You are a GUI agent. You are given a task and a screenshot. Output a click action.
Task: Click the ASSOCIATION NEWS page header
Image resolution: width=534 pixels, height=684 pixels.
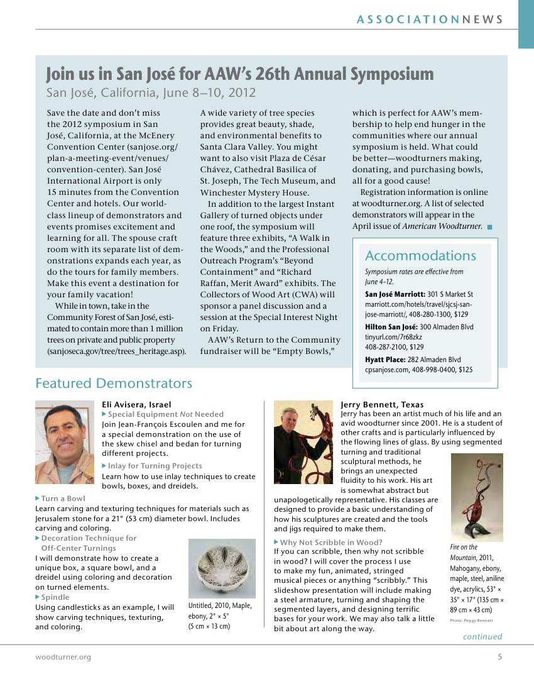pyautogui.click(x=430, y=19)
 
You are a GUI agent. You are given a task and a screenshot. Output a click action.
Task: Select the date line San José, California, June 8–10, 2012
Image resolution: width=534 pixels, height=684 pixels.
pyautogui.click(x=151, y=93)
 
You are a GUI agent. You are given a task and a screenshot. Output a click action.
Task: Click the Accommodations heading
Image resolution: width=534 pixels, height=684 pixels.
pyautogui.click(x=420, y=256)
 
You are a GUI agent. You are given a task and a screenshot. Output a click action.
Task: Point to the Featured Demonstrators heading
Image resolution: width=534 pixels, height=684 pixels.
pyautogui.click(x=114, y=383)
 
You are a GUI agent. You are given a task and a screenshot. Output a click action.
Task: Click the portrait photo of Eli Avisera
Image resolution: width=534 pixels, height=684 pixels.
pyautogui.click(x=65, y=442)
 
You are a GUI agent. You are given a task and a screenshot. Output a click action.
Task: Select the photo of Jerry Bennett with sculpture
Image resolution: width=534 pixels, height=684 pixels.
pyautogui.click(x=303, y=442)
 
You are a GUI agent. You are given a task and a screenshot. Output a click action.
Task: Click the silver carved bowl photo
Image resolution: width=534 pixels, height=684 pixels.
pyautogui.click(x=222, y=568)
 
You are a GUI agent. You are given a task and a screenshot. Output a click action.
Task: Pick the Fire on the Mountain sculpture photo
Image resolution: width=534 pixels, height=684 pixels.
pyautogui.click(x=477, y=497)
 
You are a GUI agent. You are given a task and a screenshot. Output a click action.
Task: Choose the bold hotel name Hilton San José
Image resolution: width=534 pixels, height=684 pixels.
pyautogui.click(x=391, y=327)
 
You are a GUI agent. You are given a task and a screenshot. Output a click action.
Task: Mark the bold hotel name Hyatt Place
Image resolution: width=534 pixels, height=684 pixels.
pyautogui.click(x=385, y=360)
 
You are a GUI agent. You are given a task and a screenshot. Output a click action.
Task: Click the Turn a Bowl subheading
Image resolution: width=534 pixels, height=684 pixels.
pyautogui.click(x=63, y=499)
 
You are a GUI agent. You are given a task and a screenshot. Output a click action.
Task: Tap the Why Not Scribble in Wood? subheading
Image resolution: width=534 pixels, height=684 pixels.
pyautogui.click(x=331, y=542)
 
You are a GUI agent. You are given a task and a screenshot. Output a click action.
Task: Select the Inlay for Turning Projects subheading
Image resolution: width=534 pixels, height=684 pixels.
pyautogui.click(x=155, y=466)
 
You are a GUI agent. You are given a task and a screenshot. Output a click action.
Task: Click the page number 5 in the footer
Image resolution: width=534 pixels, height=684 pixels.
pyautogui.click(x=499, y=657)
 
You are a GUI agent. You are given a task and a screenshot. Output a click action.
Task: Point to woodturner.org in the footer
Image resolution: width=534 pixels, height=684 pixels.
pyautogui.click(x=63, y=657)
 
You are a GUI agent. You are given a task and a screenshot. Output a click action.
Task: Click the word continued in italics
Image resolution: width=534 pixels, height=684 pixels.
pyautogui.click(x=482, y=637)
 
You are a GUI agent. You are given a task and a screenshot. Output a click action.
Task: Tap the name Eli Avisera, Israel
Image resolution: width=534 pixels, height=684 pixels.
pyautogui.click(x=136, y=405)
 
